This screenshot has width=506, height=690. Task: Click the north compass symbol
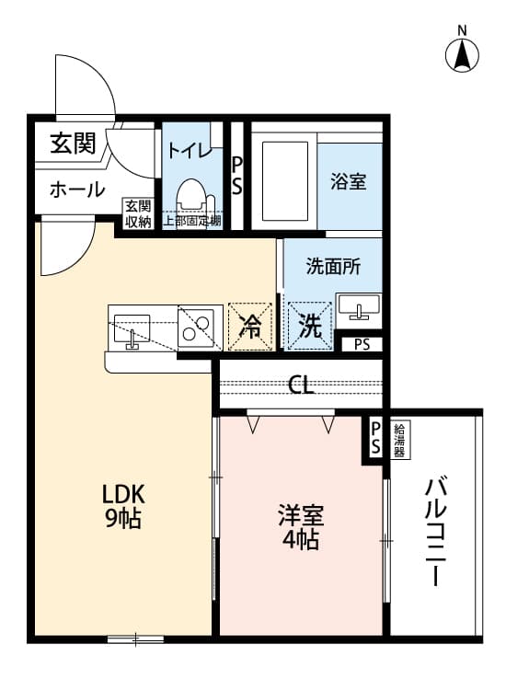462,53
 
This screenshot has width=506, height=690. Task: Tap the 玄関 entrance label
73,144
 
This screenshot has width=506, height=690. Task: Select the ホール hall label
76,190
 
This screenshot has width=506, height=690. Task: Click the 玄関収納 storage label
138,213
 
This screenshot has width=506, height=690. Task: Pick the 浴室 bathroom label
349,181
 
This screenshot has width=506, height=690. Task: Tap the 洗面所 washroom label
333,267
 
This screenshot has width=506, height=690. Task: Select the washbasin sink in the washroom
357,306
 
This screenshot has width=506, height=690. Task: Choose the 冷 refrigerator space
250,326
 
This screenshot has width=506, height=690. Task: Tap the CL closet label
301,385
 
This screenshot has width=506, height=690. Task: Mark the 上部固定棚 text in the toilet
192,222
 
